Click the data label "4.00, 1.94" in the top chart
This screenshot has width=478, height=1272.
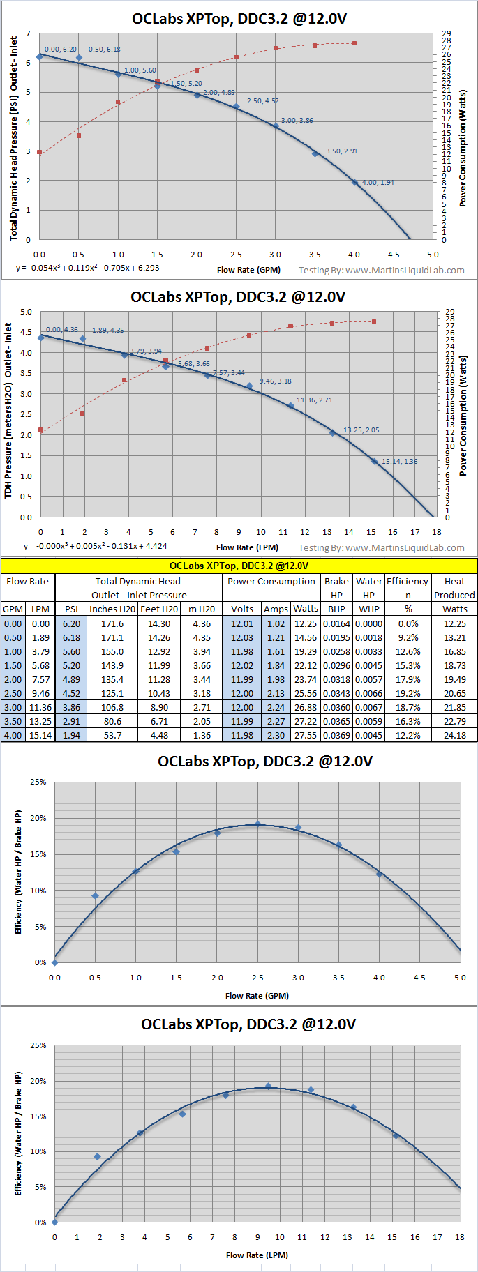click(378, 183)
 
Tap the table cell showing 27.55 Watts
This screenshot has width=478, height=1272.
click(306, 735)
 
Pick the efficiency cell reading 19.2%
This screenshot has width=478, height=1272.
click(408, 693)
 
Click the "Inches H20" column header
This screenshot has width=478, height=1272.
click(112, 609)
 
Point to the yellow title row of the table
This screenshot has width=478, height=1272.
click(239, 566)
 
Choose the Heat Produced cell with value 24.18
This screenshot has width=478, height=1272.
click(454, 735)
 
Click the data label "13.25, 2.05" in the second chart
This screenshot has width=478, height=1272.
click(361, 430)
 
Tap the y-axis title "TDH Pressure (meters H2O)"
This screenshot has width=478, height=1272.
click(8, 411)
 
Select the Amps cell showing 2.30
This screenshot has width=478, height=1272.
click(276, 735)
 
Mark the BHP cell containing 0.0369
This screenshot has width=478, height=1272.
click(336, 735)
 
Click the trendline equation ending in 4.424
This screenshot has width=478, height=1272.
click(96, 546)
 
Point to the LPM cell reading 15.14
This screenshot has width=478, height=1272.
click(40, 735)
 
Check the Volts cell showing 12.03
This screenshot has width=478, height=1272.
click(242, 637)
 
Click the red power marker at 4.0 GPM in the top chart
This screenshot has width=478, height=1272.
click(354, 43)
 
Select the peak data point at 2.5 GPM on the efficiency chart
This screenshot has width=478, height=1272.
click(257, 824)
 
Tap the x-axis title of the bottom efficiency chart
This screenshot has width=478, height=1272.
click(257, 1255)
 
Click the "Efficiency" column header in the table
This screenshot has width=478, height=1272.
click(408, 581)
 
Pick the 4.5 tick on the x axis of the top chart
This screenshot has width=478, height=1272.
click(394, 255)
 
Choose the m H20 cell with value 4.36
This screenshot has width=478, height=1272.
click(202, 623)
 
